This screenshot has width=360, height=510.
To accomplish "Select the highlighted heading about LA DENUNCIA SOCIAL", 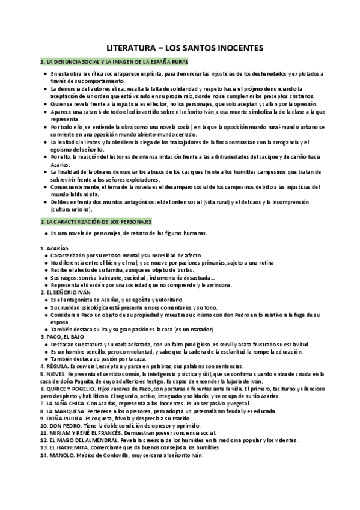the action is tap(114, 61).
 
